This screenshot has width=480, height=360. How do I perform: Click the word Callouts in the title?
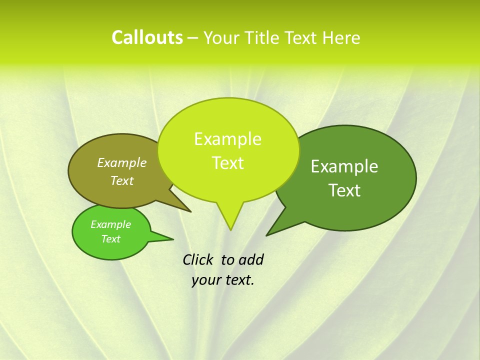point(147,37)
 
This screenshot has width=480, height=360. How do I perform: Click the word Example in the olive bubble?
point(122,162)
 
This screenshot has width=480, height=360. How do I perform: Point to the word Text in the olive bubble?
point(122,180)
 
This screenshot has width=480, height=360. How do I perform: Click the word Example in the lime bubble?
point(227,139)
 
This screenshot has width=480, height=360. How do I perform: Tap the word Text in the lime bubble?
point(228,163)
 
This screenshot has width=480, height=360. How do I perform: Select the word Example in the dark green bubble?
point(344,166)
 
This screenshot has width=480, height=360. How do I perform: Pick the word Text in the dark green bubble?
point(344,190)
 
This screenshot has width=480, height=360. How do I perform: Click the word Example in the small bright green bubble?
point(110,224)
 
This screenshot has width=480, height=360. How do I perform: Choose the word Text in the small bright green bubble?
point(110,239)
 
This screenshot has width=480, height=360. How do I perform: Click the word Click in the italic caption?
point(198,259)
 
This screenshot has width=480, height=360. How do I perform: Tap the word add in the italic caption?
point(250,259)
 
